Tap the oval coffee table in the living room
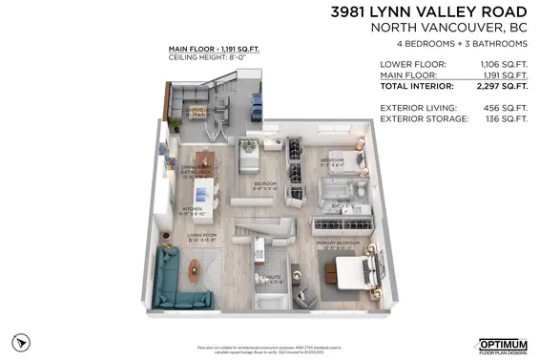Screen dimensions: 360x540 pos(196,276)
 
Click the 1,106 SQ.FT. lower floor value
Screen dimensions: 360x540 pos(502,65)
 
